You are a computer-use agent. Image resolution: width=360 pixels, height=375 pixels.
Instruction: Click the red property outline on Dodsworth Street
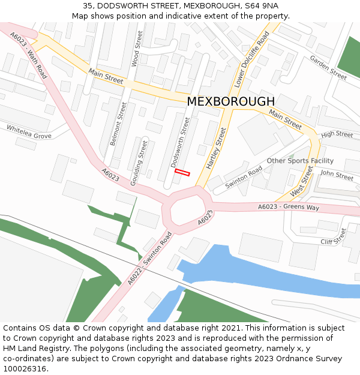(x=182, y=173)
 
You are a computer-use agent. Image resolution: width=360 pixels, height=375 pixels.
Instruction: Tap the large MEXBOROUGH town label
(x=230, y=101)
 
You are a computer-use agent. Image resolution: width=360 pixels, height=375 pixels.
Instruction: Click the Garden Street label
(x=328, y=68)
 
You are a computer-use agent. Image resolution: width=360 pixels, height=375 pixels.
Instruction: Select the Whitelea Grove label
(x=29, y=132)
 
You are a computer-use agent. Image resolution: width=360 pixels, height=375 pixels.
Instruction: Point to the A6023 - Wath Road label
(x=28, y=56)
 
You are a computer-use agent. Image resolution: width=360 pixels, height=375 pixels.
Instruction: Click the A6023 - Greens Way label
(x=289, y=207)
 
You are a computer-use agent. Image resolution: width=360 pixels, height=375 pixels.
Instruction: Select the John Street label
(x=337, y=175)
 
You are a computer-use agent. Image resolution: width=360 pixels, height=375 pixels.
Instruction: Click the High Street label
(x=337, y=134)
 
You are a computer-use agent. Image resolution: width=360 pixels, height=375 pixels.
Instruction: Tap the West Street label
(x=302, y=182)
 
